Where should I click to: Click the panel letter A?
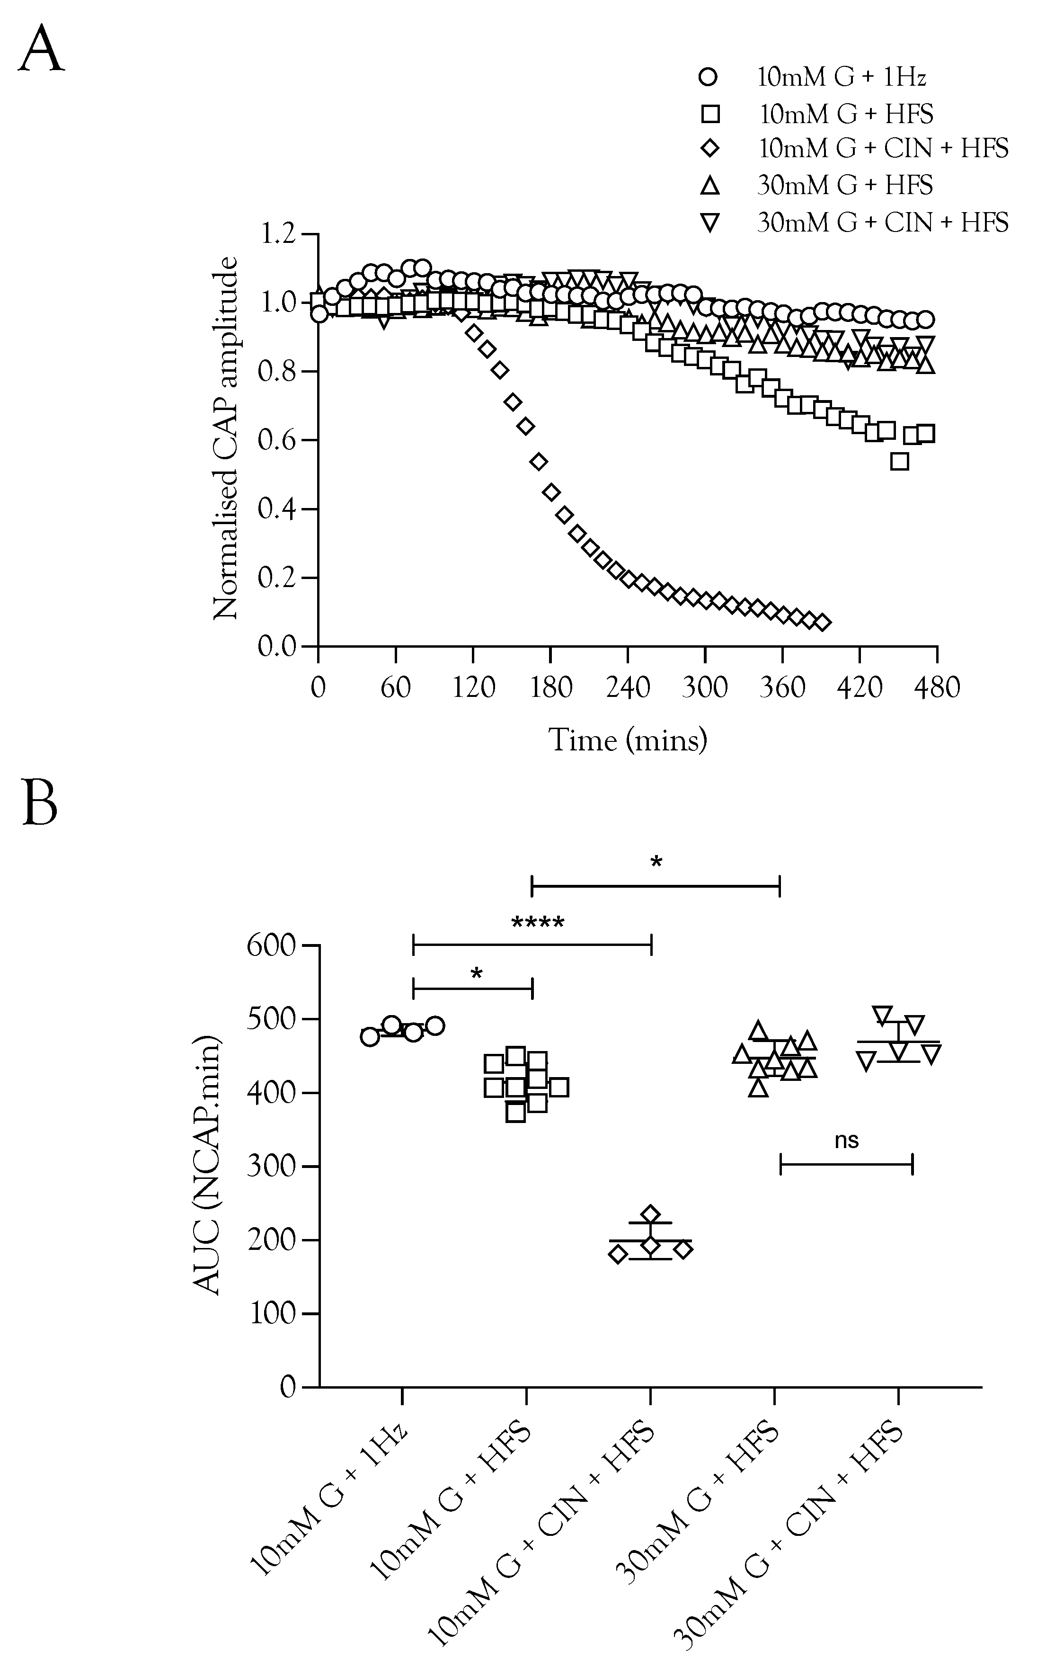[x=42, y=49]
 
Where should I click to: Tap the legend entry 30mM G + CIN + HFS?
[x=882, y=223]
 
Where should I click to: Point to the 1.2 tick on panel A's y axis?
[x=277, y=234]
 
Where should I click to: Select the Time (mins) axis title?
[x=628, y=740]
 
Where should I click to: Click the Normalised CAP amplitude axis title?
[x=225, y=439]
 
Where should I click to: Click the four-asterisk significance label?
[x=538, y=923]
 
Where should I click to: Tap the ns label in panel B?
[x=846, y=1141]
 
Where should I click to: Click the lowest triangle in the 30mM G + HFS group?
[x=759, y=1088]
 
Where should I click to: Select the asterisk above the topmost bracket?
[x=656, y=862]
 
